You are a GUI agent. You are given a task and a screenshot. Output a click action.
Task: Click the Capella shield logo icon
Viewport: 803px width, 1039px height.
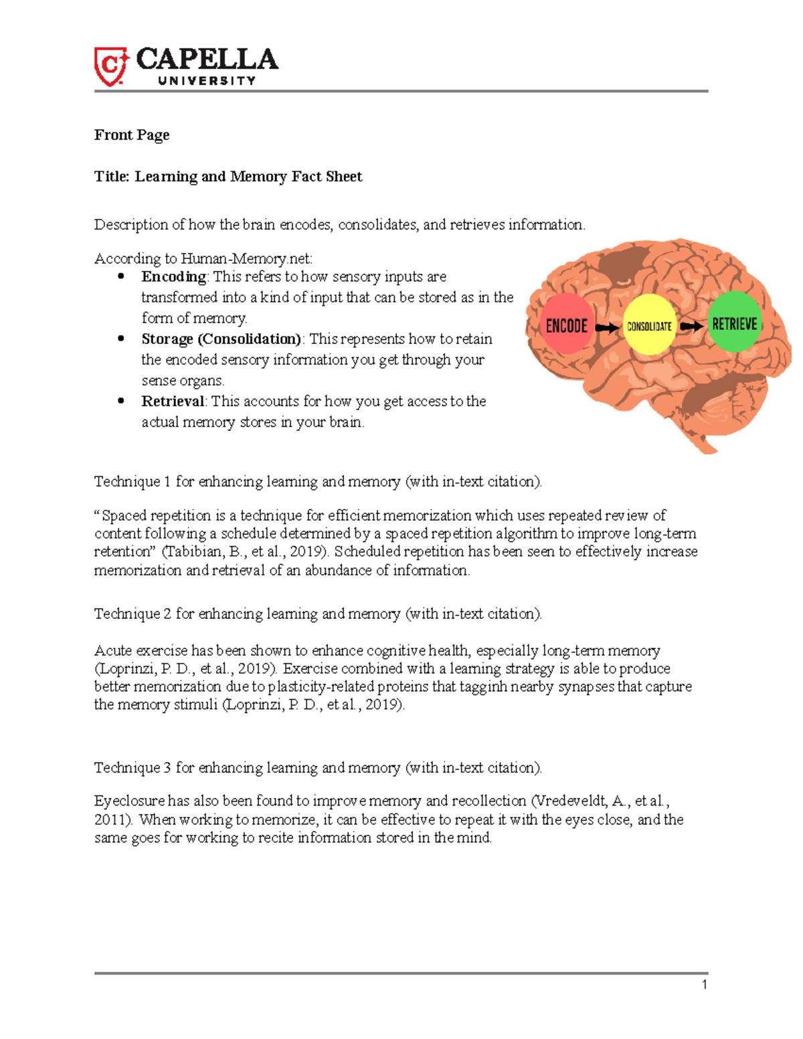click(x=110, y=66)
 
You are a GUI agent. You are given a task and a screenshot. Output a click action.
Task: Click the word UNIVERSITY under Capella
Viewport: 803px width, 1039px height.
click(x=207, y=81)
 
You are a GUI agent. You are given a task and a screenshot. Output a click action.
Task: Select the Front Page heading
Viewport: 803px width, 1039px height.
click(x=131, y=135)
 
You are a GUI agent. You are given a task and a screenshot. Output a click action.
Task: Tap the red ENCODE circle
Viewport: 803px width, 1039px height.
click(x=567, y=324)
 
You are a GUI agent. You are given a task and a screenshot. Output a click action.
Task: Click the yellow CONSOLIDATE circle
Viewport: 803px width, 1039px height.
click(x=649, y=326)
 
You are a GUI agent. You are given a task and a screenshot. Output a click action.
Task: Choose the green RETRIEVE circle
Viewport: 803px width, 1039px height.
click(x=734, y=323)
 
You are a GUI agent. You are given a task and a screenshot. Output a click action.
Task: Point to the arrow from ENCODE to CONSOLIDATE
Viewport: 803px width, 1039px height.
click(x=607, y=328)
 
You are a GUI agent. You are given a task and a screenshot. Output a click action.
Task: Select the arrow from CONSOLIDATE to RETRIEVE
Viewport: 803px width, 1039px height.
click(x=692, y=326)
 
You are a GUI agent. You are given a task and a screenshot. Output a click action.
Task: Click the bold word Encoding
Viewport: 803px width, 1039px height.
click(x=173, y=277)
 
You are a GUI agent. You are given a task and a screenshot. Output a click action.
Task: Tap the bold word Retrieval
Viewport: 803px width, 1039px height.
click(x=173, y=401)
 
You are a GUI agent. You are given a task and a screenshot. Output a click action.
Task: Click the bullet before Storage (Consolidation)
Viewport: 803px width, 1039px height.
click(x=121, y=339)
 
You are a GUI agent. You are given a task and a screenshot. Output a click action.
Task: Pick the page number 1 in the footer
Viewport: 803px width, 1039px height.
click(x=705, y=984)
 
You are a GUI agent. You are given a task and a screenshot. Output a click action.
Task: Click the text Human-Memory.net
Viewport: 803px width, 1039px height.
click(x=246, y=259)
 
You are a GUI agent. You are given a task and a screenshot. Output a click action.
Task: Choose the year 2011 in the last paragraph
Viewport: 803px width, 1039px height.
click(x=111, y=820)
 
